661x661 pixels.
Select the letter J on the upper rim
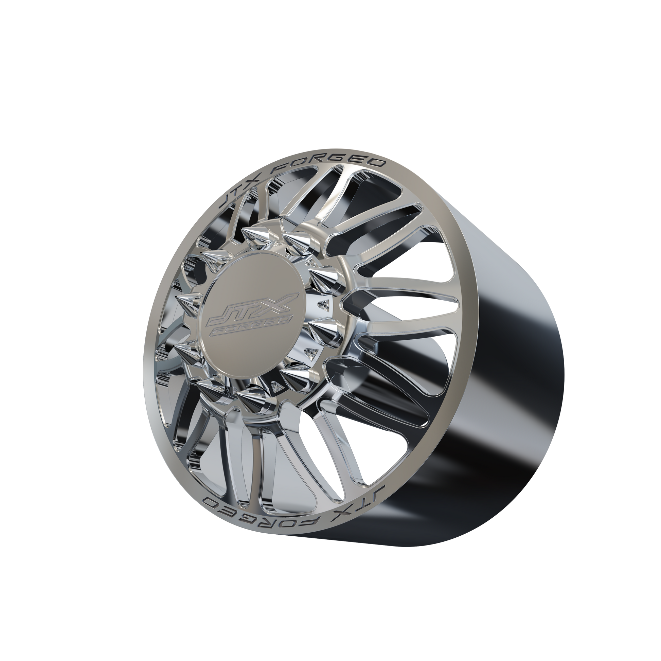coord(230,204)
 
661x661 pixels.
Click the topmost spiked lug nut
coord(251,236)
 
